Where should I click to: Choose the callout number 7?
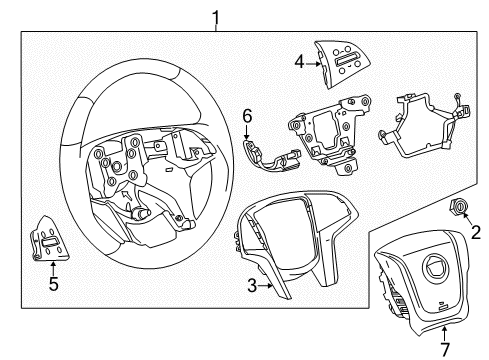(418, 347)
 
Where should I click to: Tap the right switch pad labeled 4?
(345, 62)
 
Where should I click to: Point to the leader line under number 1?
(214, 27)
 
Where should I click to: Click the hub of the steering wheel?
(140, 175)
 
